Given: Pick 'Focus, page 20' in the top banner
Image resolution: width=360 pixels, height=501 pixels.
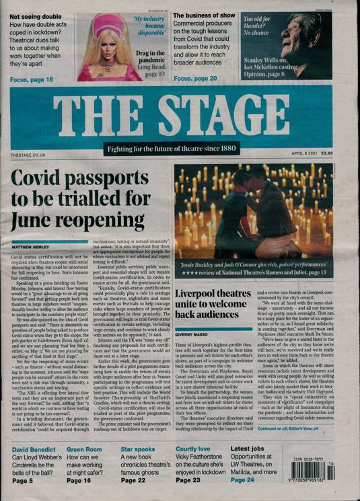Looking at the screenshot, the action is [196, 79].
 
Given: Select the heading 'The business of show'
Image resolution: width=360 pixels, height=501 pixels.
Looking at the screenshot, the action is [205, 15].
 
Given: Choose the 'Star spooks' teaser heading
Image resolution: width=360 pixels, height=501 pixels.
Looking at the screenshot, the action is [137, 449].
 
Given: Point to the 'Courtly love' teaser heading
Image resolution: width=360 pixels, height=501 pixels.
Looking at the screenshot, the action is [196, 449].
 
